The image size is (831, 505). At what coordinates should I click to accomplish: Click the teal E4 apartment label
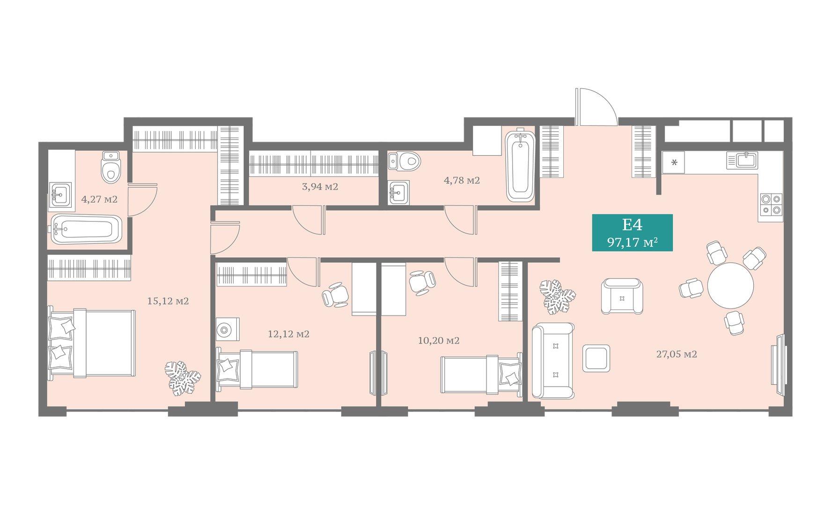pos(632,233)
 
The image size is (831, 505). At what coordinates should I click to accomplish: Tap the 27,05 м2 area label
pos(677,354)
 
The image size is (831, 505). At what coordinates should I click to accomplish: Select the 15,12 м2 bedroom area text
pos(168,301)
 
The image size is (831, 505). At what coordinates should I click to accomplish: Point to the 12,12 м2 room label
pos(288,334)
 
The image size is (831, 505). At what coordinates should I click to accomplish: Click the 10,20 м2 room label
pos(439,341)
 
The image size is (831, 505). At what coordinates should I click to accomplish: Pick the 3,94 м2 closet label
pos(320,187)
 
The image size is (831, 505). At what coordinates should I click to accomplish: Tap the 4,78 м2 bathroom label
pos(462,180)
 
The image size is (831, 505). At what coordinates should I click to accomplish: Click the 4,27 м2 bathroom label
pos(99,199)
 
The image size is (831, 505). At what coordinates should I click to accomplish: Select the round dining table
pos(730,285)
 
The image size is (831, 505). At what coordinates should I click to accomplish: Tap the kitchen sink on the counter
pos(742,160)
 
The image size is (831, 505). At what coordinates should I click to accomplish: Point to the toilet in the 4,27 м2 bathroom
pos(111,167)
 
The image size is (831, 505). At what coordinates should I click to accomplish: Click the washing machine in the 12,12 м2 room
pos(228,329)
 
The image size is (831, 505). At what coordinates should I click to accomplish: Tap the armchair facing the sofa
pos(622,296)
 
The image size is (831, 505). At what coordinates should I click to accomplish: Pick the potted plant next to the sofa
pos(557,296)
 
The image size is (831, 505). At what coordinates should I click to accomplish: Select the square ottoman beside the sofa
pos(596,359)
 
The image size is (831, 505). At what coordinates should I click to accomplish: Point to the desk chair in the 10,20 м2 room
pos(422,282)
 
